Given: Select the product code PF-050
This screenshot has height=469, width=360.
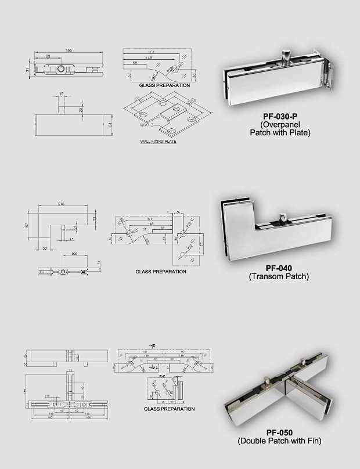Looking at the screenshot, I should click(x=279, y=432).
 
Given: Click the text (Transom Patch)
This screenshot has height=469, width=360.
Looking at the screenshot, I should click(x=279, y=277).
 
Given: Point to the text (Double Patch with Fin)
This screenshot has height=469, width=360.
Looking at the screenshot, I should click(x=279, y=441).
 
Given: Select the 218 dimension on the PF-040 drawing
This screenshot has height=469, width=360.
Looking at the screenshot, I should click(x=62, y=204).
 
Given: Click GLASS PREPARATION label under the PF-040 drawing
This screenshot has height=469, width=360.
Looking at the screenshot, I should click(x=161, y=272).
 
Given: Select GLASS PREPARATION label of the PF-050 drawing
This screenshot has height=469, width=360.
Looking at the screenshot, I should click(x=169, y=409).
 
